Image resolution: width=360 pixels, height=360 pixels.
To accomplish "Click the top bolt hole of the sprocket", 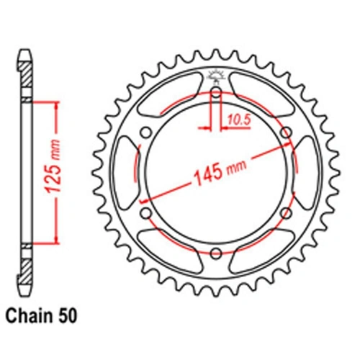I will pos(216,91).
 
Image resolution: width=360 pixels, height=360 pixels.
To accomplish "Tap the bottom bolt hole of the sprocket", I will pos(216,251).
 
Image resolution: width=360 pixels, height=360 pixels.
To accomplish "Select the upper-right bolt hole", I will pos(286,132).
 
